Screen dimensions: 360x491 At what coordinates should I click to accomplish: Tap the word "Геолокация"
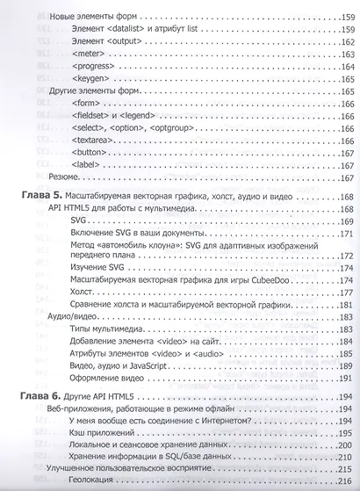(99, 483)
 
